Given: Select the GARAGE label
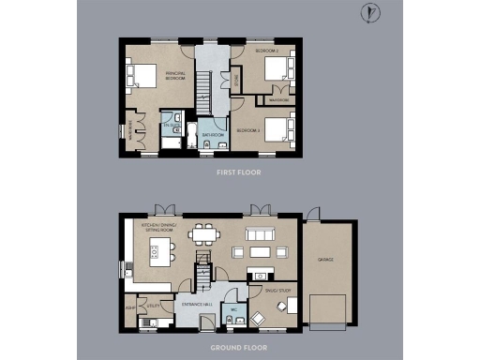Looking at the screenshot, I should (327, 259).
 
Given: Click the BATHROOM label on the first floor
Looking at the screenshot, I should (214, 134).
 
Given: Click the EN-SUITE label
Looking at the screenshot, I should (171, 125).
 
